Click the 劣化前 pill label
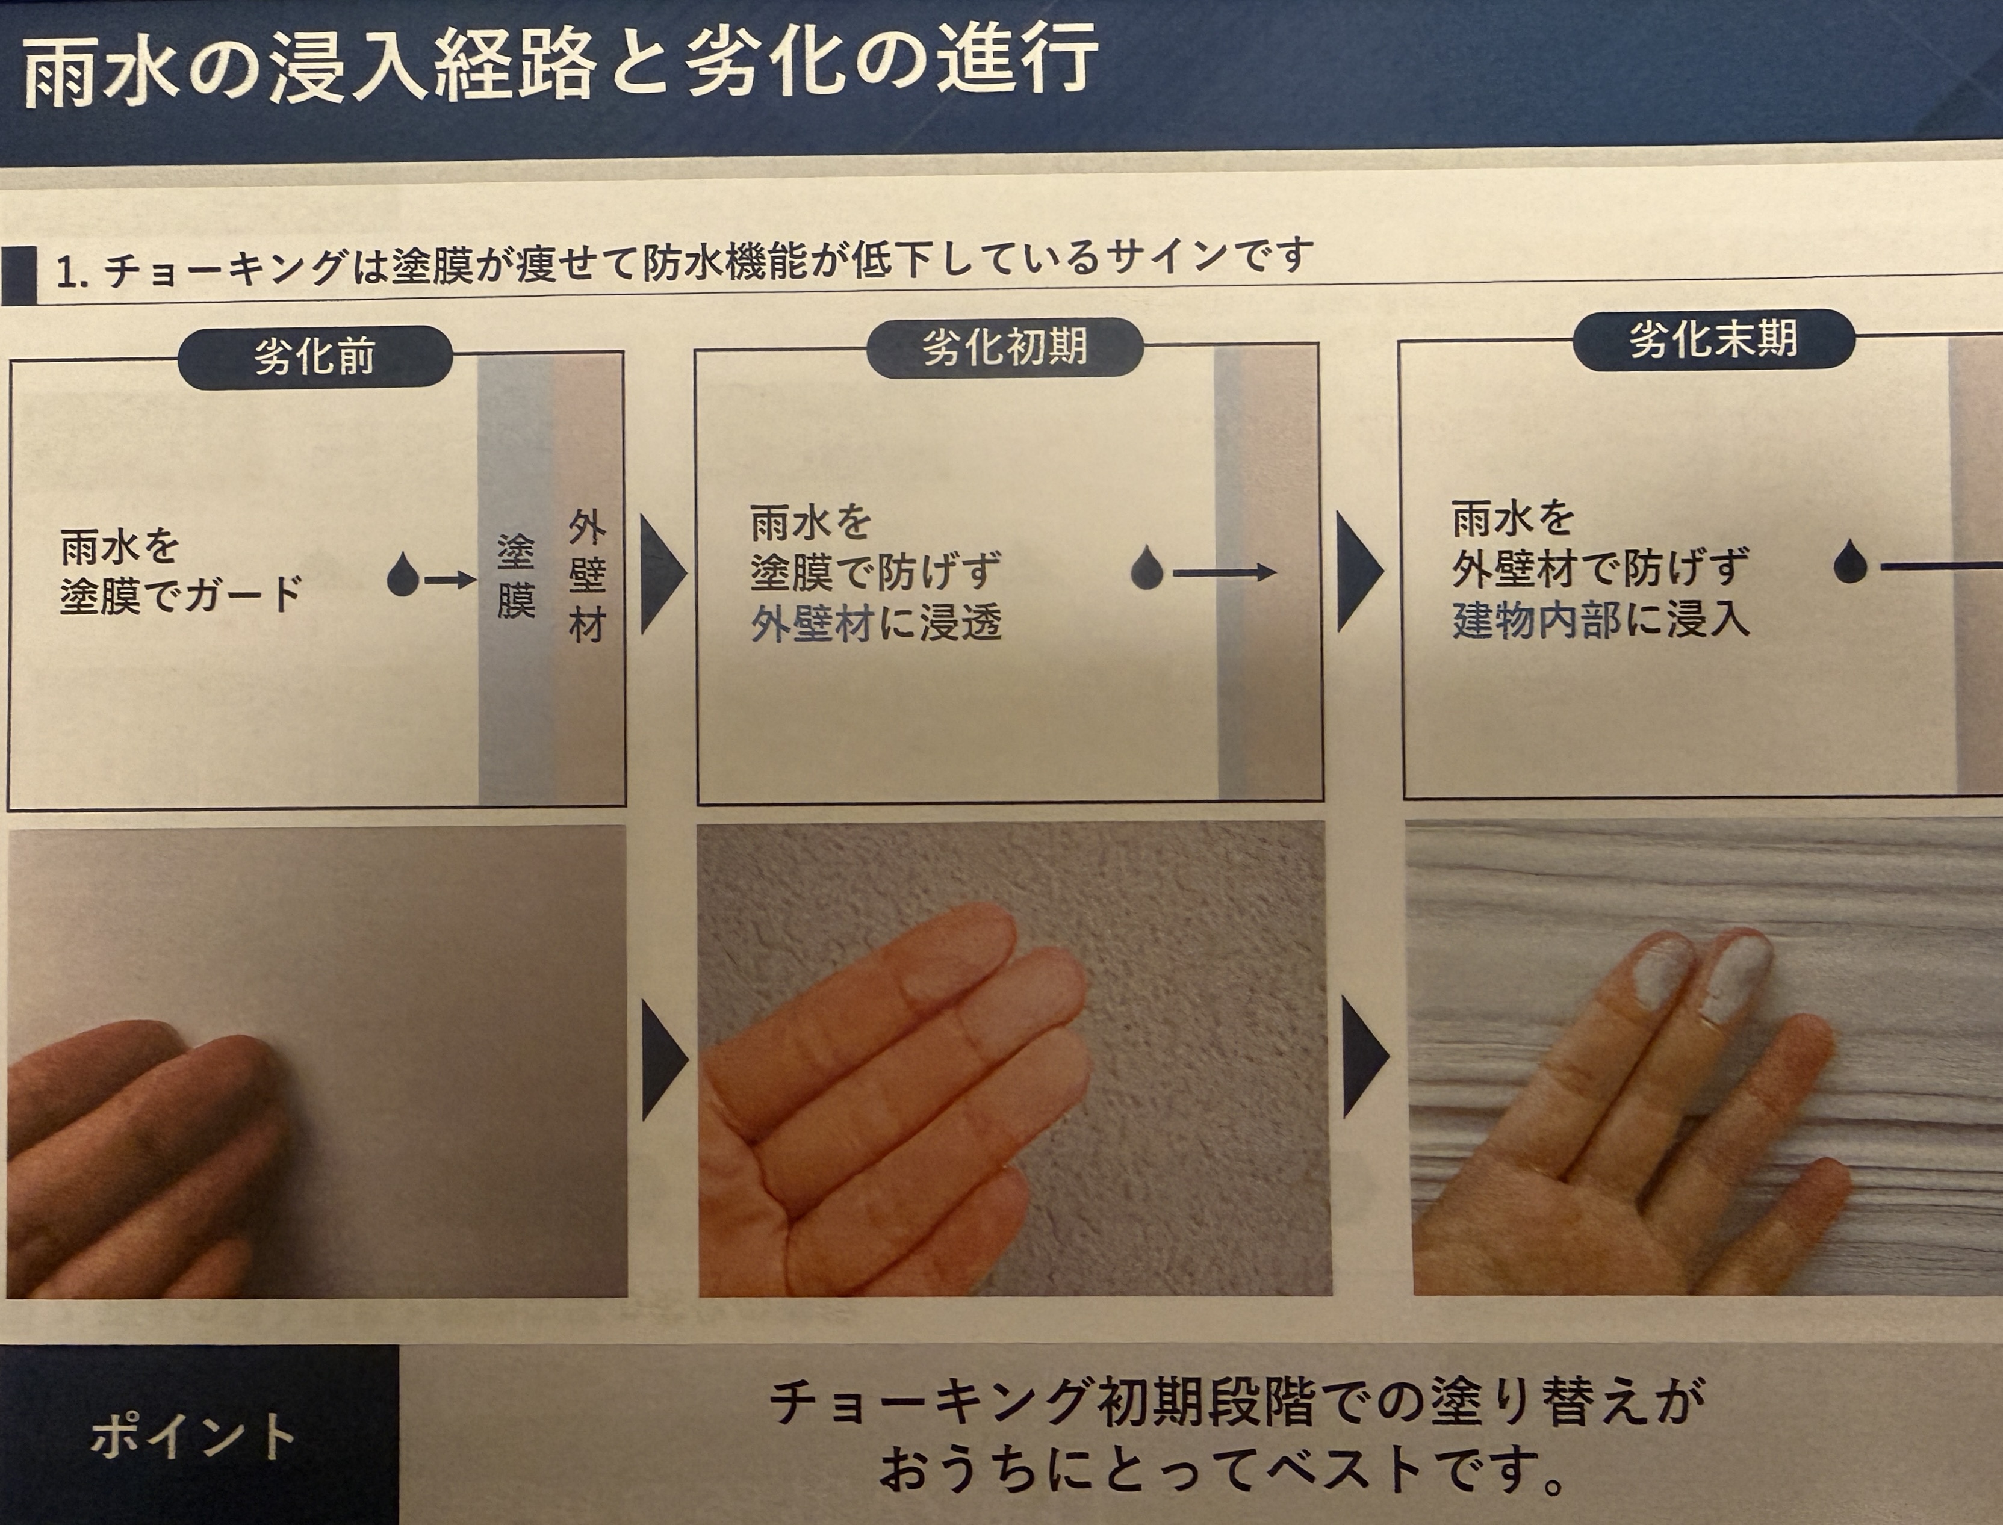click(314, 357)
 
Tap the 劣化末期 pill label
click(1712, 339)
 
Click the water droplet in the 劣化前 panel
click(402, 577)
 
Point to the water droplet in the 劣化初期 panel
click(1147, 569)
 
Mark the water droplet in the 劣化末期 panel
click(1849, 564)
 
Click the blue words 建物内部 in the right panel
click(1535, 620)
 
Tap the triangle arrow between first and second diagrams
click(661, 574)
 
